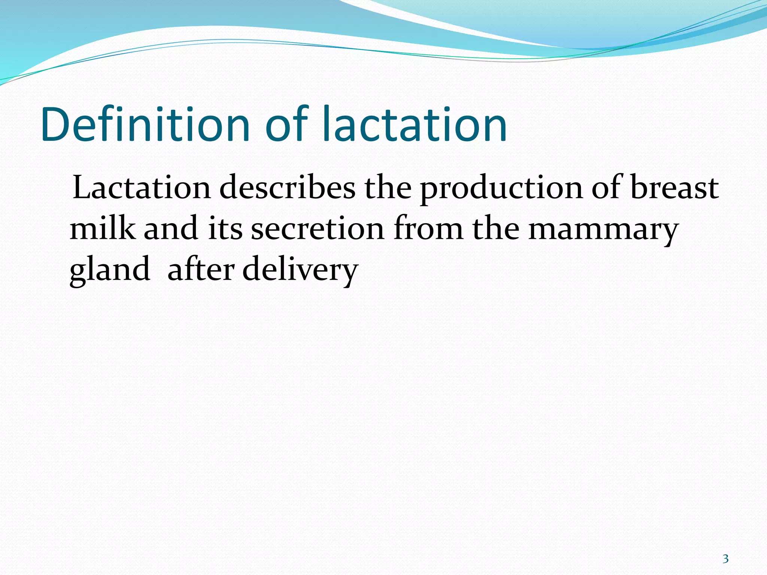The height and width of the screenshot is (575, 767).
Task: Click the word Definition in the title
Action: pos(145,125)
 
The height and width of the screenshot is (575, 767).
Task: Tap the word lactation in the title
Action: pos(414,125)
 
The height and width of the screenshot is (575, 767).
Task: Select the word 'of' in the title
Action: pos(287,125)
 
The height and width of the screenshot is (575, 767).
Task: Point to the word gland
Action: pos(109,270)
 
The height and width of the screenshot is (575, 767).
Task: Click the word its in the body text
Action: pos(225,229)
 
